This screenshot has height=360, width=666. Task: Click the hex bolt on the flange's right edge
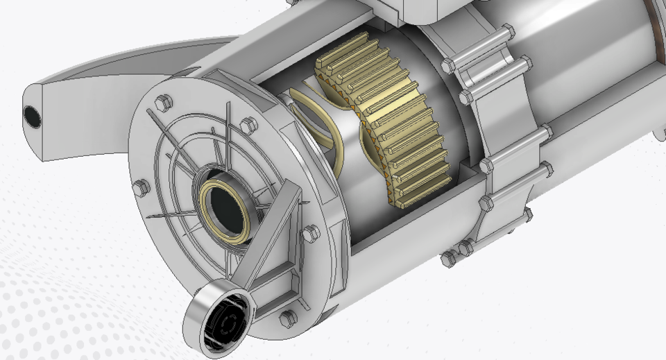(310, 233)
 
